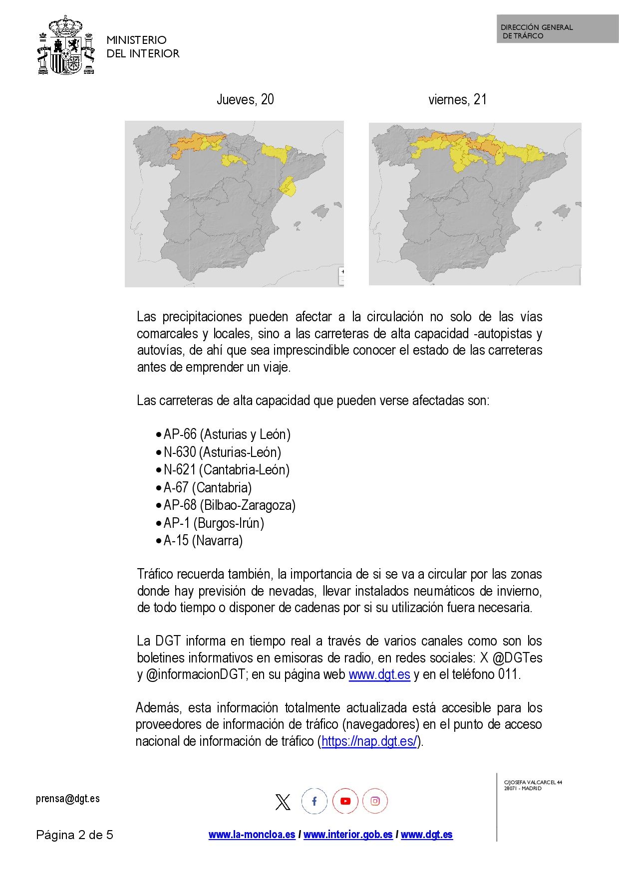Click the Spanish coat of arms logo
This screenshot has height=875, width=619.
[66, 46]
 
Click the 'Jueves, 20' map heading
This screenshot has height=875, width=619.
[245, 100]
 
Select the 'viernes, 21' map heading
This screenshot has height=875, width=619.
[457, 100]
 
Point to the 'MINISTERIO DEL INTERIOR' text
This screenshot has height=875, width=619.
[143, 47]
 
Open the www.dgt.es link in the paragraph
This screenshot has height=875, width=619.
[379, 675]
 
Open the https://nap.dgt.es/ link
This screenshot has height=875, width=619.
[369, 742]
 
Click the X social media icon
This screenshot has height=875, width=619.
[283, 802]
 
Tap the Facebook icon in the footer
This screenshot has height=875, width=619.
[314, 802]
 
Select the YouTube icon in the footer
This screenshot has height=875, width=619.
[345, 802]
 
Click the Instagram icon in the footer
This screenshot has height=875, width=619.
[375, 802]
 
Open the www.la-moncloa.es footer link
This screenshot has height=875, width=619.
[252, 835]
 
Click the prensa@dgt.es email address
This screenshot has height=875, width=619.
[68, 799]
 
